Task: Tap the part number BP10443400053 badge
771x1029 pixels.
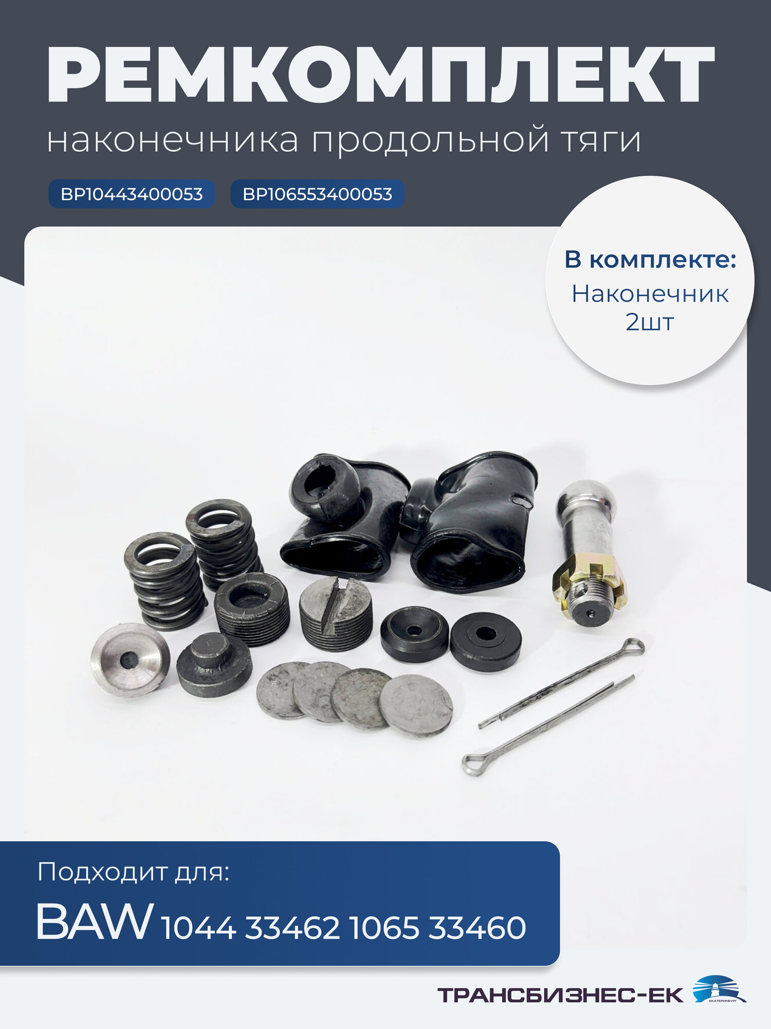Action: [x=132, y=194]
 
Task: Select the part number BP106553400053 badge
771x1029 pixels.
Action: [x=317, y=194]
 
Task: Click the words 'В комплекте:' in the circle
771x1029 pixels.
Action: [x=650, y=260]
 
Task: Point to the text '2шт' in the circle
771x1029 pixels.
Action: [x=650, y=323]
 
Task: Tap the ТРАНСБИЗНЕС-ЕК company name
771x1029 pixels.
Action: [x=560, y=995]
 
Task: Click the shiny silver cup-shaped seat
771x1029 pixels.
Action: [x=130, y=660]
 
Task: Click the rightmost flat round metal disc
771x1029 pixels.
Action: [x=416, y=705]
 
